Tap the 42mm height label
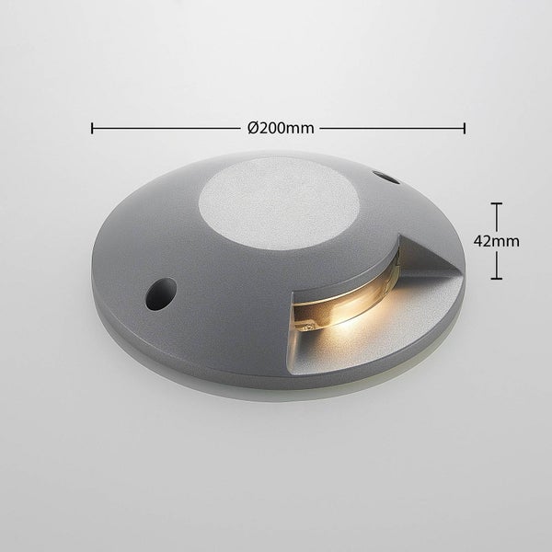click(497, 240)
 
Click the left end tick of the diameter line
click(91, 128)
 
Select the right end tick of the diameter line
click(465, 128)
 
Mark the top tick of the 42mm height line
click(497, 203)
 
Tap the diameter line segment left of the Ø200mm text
click(166, 128)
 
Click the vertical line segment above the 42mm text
click(497, 216)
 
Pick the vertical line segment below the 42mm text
click(497, 265)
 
